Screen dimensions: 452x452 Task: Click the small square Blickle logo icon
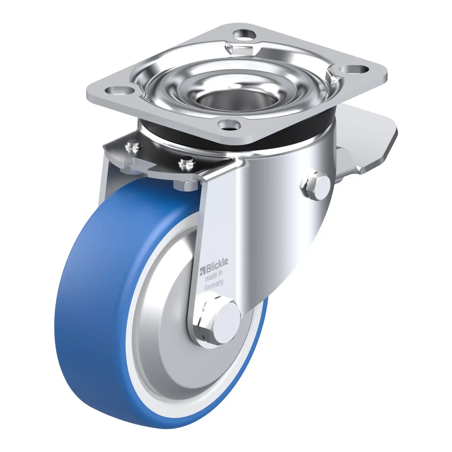pyautogui.click(x=202, y=272)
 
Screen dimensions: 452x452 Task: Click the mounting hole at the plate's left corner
pyautogui.click(x=119, y=90)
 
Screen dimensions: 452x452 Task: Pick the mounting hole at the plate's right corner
pyautogui.click(x=354, y=69)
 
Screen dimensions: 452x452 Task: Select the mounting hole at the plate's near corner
pyautogui.click(x=229, y=125)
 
